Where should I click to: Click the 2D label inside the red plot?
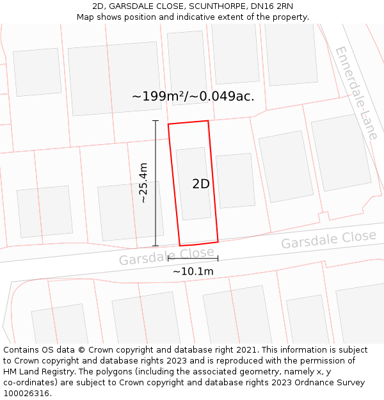click(201, 184)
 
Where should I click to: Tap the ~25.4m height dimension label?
click(143, 182)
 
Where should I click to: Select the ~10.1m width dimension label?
click(193, 271)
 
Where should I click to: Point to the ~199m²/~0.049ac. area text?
click(193, 97)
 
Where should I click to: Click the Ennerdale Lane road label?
click(356, 93)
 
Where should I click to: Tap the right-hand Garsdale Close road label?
click(328, 239)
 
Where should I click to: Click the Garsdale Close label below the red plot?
click(166, 256)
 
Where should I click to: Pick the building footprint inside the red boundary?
click(193, 184)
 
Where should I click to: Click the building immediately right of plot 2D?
click(235, 180)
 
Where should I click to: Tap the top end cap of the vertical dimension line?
click(156, 120)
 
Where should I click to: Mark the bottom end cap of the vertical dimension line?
click(156, 246)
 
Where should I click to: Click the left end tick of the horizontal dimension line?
click(168, 259)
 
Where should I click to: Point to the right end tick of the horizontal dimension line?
click(218, 259)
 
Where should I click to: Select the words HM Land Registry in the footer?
click(37, 372)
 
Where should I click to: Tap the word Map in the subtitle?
click(86, 17)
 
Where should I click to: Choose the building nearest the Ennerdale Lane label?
click(340, 152)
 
